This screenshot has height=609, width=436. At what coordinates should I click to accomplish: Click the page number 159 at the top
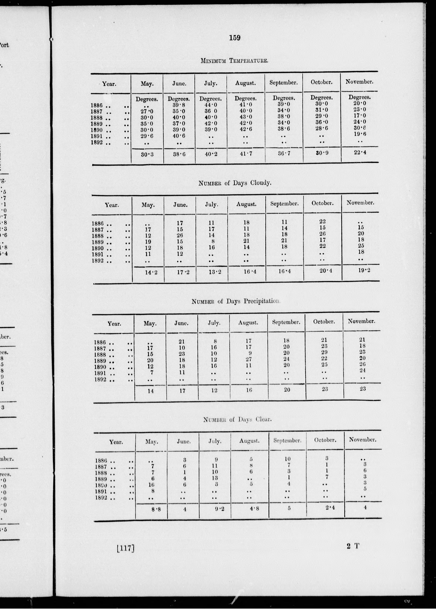(235, 38)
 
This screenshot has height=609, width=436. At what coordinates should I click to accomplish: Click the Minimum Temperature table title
(234, 61)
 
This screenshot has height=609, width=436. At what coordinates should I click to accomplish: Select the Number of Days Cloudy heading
(235, 183)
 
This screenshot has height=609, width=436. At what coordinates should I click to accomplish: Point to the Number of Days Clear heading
(237, 419)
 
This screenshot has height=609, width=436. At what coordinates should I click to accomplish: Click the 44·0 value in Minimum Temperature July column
(210, 105)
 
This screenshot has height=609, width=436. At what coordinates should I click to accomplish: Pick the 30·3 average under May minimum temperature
(147, 154)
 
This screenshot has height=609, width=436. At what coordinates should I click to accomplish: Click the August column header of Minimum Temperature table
(245, 83)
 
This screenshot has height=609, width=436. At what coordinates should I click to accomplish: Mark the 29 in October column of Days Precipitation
(324, 352)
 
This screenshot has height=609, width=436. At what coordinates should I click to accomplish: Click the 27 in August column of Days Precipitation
(249, 359)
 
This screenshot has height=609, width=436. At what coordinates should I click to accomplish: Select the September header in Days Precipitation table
(286, 322)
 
